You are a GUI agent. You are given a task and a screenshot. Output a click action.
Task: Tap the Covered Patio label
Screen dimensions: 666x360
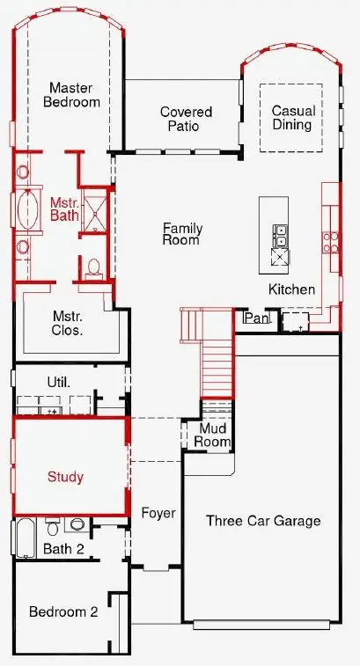click(x=186, y=119)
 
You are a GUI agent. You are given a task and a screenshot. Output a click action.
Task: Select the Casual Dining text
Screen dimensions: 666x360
click(x=292, y=118)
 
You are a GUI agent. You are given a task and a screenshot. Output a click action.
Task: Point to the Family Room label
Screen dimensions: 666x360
click(x=182, y=234)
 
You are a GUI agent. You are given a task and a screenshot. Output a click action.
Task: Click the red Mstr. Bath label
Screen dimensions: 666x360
click(x=64, y=208)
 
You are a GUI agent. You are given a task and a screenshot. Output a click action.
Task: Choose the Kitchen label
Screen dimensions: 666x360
click(x=291, y=289)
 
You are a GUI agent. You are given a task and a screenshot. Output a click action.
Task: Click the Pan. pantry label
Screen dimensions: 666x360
click(x=256, y=318)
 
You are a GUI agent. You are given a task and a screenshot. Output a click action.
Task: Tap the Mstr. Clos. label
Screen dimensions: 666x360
click(x=68, y=324)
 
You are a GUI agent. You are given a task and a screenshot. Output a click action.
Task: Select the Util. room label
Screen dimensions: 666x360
click(x=58, y=382)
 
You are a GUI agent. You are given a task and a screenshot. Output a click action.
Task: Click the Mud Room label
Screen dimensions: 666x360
click(x=213, y=435)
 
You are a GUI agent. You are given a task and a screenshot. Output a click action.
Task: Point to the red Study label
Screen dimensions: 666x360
click(x=65, y=477)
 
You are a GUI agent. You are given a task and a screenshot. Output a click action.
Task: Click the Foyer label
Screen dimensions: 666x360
click(x=158, y=513)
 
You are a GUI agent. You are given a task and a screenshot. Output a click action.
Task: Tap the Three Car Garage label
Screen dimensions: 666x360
click(x=263, y=521)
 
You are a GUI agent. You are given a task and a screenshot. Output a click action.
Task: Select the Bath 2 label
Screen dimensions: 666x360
click(x=62, y=549)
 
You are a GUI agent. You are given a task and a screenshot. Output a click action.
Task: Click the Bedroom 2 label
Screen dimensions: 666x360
click(x=63, y=612)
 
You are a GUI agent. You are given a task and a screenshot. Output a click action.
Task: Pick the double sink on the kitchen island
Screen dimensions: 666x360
click(x=281, y=236)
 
